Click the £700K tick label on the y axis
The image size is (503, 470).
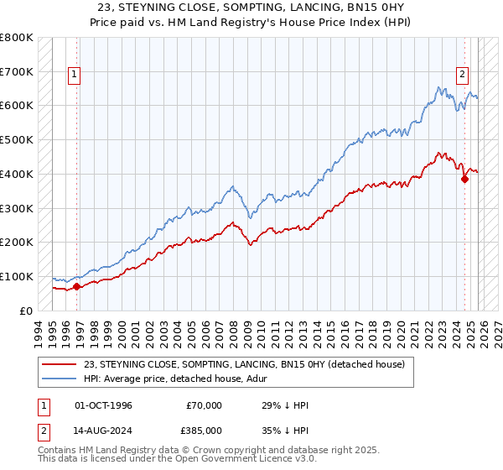click(x=17, y=71)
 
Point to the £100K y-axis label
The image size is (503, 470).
click(x=17, y=276)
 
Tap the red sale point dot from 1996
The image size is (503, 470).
click(x=76, y=286)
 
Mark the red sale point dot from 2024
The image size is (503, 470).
click(x=464, y=178)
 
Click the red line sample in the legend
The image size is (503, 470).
click(x=60, y=364)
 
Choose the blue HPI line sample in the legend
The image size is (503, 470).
click(x=60, y=379)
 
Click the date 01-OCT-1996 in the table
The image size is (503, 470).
click(x=106, y=405)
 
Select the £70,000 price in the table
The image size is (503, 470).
click(x=204, y=405)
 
